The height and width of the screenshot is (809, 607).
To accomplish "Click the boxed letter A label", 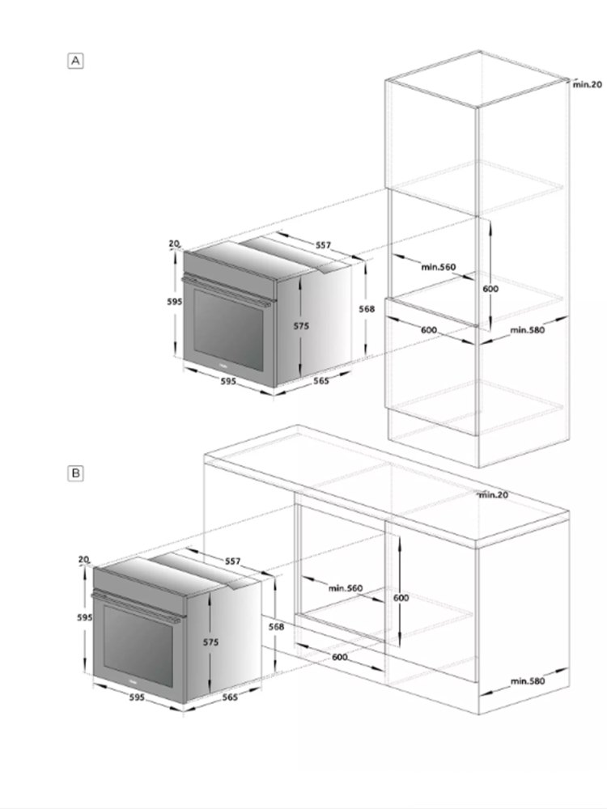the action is point(75,61).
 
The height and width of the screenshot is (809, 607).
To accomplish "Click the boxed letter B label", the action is point(75,473).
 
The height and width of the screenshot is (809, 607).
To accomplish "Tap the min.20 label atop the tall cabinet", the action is point(588,84).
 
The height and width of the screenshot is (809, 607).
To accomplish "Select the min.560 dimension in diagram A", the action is point(439,267).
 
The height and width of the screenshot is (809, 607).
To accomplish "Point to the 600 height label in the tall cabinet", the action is point(490,289).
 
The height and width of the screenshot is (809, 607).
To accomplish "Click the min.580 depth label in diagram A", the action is point(528,330).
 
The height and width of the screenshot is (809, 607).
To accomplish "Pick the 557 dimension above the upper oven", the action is point(323,245).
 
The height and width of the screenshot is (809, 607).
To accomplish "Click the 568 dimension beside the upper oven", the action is point(367,308).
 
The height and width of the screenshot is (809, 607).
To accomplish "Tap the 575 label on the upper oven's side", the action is point(301,325).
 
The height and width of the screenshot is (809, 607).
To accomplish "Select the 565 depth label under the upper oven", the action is point(321,381).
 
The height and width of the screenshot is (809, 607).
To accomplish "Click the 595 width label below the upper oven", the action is point(228,381).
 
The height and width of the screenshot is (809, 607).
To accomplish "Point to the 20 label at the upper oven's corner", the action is point(174,244).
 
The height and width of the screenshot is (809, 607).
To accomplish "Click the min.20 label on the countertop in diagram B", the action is point(494,495).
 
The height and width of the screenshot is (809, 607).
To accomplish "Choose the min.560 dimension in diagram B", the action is point(346,587).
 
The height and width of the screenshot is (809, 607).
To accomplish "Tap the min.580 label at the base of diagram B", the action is point(528,681).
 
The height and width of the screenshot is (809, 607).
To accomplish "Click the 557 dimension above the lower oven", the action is point(233,561).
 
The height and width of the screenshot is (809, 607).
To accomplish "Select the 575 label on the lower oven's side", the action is point(210,642).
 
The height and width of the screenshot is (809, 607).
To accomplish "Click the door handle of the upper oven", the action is point(227,291).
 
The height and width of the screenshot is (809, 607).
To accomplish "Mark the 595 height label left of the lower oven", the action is point(85,617).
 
